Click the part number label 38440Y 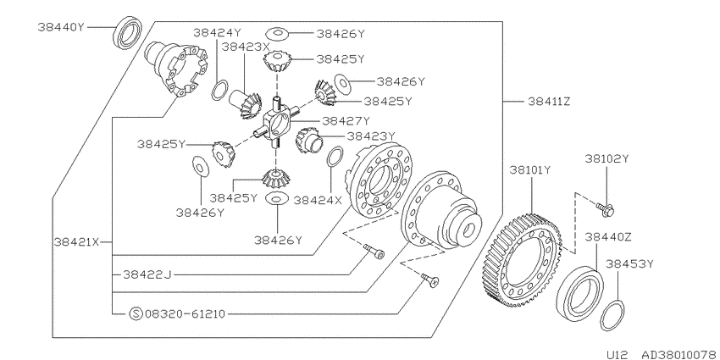coord(62,27)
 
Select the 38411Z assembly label coord(549,102)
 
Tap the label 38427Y coord(346,121)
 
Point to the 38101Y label coord(529,170)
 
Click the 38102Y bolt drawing coord(605,209)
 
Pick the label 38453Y coord(629,263)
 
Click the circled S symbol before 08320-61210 coord(136,314)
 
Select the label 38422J coord(147,274)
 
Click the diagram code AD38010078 coord(679,355)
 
